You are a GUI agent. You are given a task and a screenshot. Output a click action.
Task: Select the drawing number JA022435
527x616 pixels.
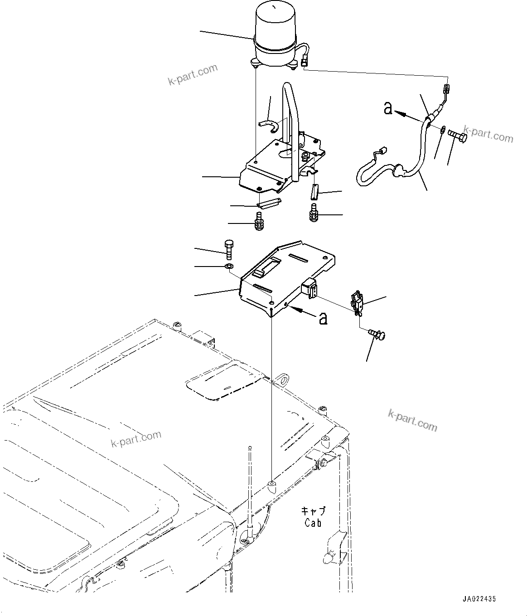click(x=479, y=599)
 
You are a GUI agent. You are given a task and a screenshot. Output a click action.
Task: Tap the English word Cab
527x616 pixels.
click(x=313, y=523)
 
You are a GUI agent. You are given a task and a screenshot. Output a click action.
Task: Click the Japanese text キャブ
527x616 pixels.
click(x=313, y=511)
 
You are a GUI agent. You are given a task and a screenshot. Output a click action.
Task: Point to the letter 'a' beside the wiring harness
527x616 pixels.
click(x=388, y=108)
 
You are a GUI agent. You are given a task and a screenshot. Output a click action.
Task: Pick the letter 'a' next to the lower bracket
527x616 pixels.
click(x=323, y=319)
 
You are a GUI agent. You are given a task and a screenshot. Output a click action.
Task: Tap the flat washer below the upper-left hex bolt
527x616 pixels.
click(x=229, y=266)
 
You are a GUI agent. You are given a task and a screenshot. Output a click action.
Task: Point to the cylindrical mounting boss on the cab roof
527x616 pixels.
click(x=272, y=487)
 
